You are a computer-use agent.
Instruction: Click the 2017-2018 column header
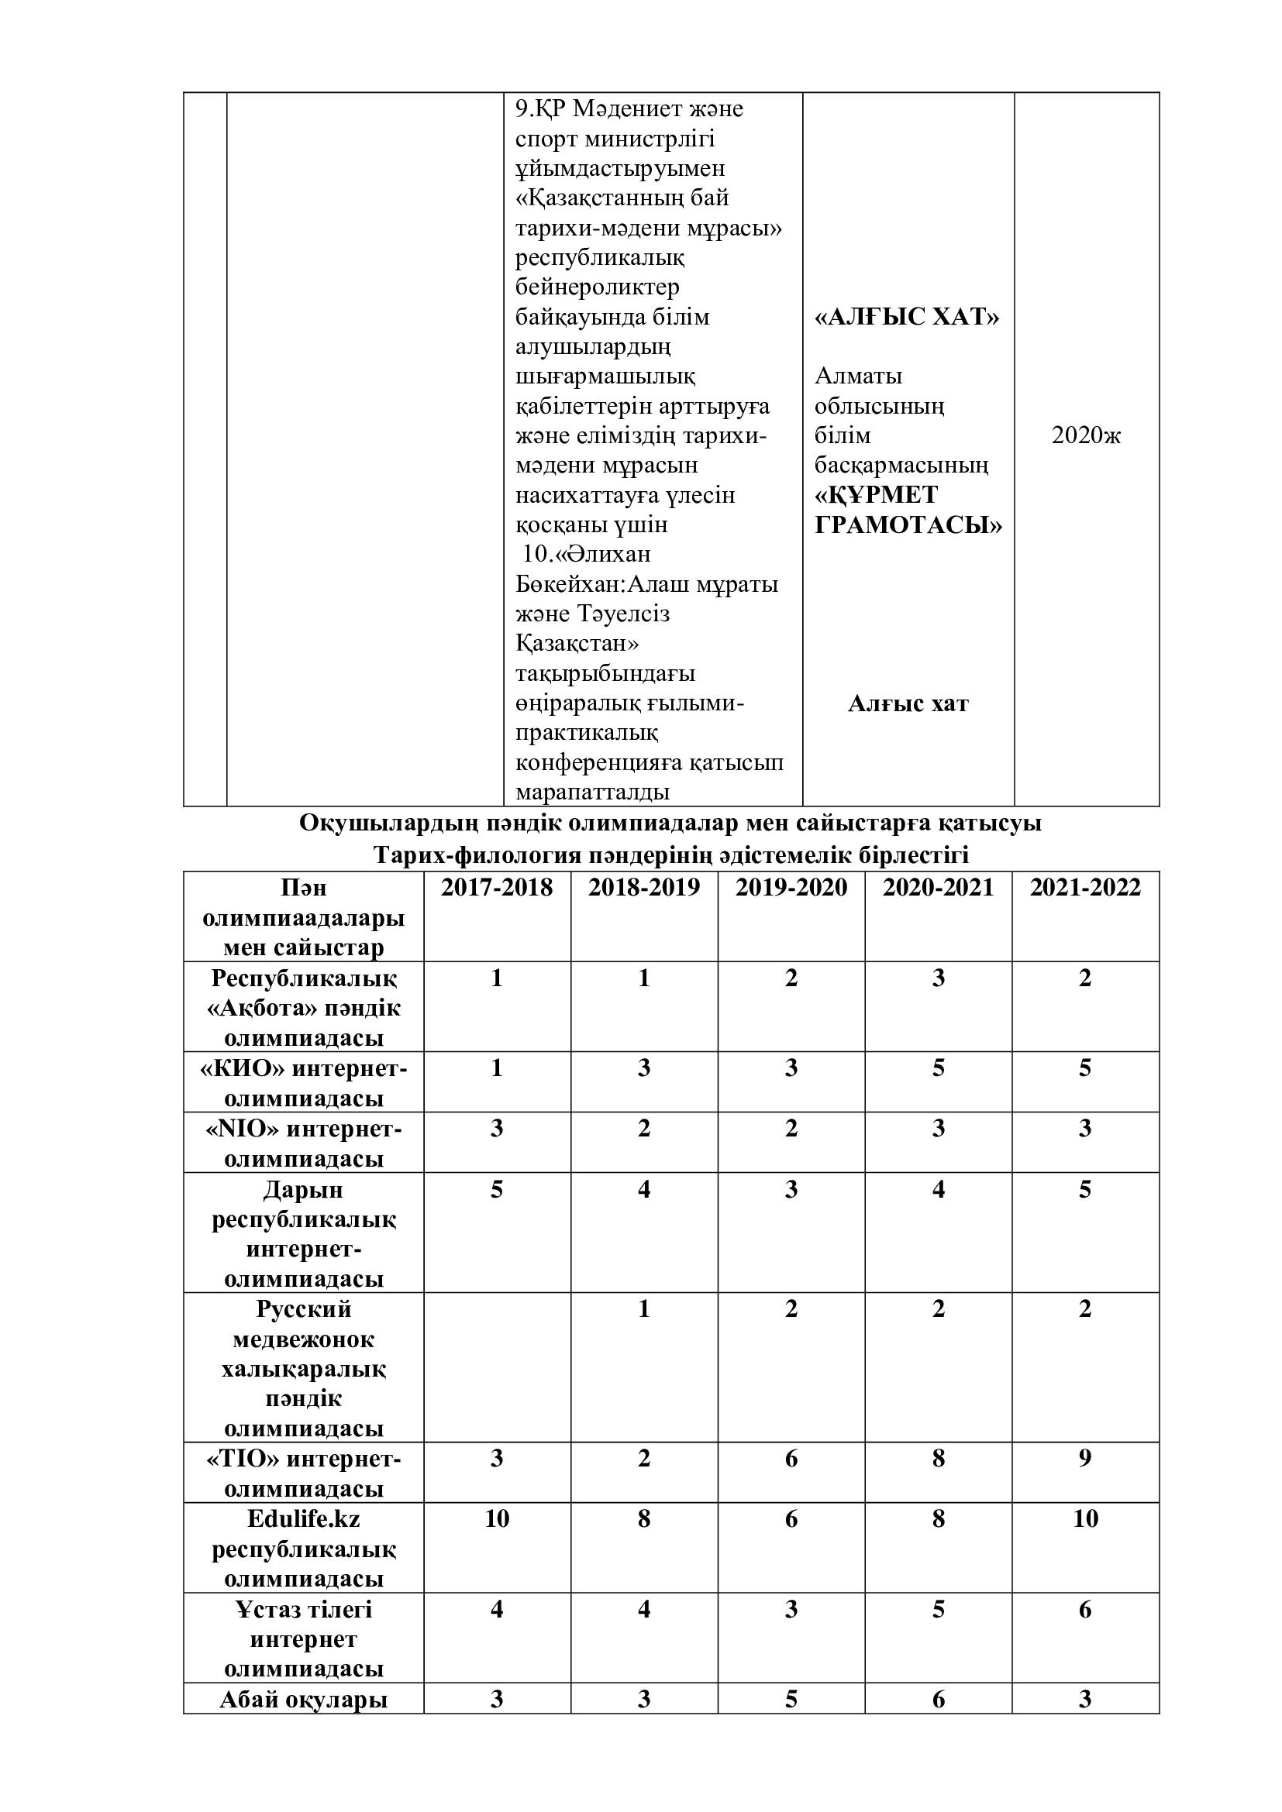[x=496, y=888]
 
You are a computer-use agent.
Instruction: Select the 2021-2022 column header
[x=1084, y=888]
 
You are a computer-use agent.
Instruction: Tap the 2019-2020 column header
[x=791, y=888]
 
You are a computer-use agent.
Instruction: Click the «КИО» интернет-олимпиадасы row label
[x=304, y=1083]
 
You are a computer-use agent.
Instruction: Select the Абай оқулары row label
[x=304, y=1699]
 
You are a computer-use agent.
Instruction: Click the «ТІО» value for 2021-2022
[x=1084, y=1459]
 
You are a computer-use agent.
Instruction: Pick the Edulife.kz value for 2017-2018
[x=497, y=1519]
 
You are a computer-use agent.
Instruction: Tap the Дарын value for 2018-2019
[x=644, y=1189]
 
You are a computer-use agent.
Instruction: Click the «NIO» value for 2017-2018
[x=497, y=1129]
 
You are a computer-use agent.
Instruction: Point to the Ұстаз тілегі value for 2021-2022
[x=1084, y=1610]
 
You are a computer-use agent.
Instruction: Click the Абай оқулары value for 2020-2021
[x=938, y=1699]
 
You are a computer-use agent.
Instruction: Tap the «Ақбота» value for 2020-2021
[x=938, y=978]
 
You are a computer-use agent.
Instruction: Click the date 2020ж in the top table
[x=1085, y=435]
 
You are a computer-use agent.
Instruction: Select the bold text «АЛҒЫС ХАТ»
[x=907, y=318]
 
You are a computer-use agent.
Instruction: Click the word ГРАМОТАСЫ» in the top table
[x=908, y=524]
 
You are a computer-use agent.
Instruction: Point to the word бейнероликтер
[x=597, y=287]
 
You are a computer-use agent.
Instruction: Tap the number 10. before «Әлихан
[x=537, y=554]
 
